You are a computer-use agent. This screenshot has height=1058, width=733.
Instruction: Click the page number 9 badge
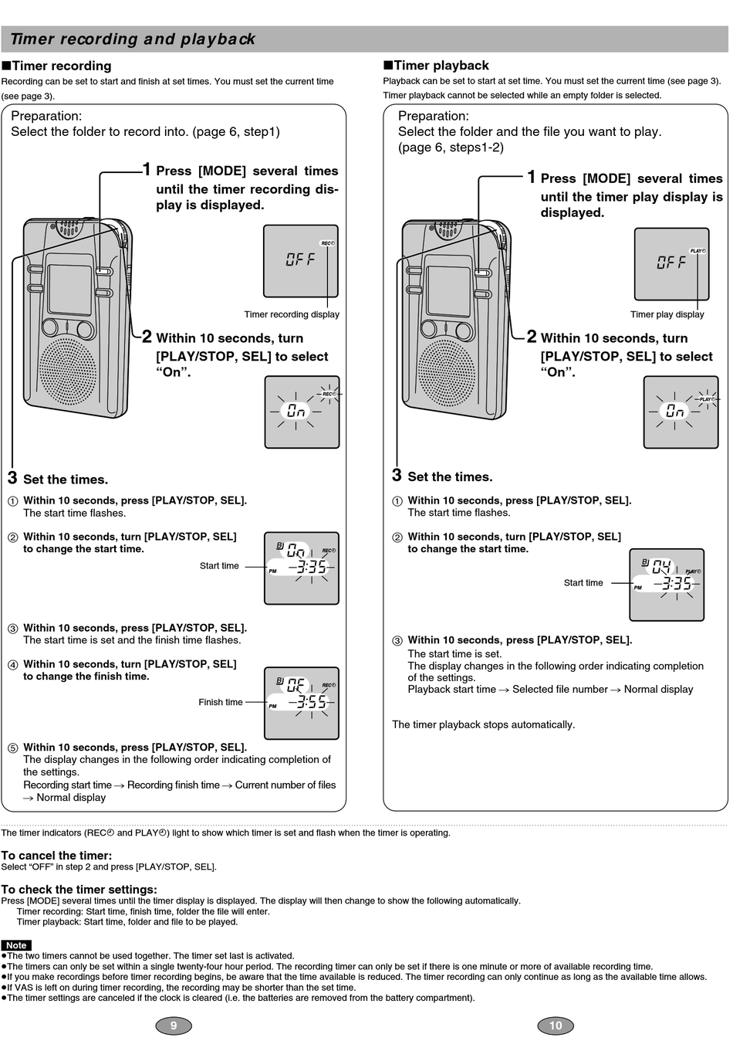(x=174, y=1026)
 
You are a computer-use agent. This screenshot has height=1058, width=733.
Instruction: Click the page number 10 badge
(x=556, y=1026)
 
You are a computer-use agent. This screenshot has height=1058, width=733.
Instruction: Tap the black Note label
(x=16, y=945)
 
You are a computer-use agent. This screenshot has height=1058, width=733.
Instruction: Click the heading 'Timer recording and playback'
(x=133, y=39)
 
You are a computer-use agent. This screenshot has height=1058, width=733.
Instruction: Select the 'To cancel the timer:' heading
(x=56, y=856)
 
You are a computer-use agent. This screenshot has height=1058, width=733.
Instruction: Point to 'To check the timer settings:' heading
(x=79, y=890)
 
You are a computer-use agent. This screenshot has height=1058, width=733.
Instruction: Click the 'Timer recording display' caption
(x=292, y=314)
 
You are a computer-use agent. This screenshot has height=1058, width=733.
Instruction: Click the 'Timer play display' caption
(x=667, y=314)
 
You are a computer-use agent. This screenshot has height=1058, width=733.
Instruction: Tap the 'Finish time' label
(x=221, y=702)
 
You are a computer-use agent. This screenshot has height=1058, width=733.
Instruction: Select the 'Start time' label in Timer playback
(x=583, y=583)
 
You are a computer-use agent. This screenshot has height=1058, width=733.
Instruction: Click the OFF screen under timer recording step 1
(x=301, y=261)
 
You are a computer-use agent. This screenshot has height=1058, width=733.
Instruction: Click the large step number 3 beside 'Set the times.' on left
(x=12, y=478)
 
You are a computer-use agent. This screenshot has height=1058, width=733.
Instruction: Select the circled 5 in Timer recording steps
(x=12, y=748)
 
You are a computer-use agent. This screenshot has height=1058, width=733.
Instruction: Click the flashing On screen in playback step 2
(x=676, y=412)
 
